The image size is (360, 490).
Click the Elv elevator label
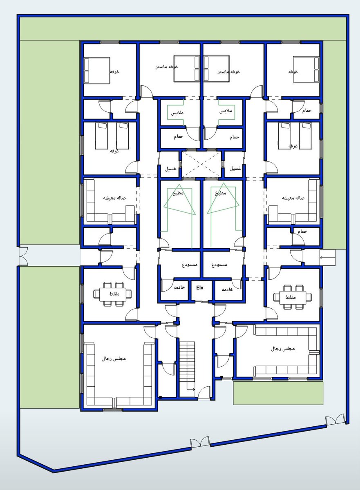coord(200,287)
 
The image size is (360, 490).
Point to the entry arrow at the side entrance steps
coord(327,257)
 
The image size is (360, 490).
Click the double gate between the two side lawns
coord(23,256)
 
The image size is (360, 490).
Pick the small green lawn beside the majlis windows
coord(278,393)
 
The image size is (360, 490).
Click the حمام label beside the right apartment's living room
coord(302,231)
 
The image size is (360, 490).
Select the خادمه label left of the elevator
coord(179,288)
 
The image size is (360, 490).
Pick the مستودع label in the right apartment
coord(220,264)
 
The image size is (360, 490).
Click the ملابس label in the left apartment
coord(177,111)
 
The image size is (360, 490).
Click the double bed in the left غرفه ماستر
coord(186,67)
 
